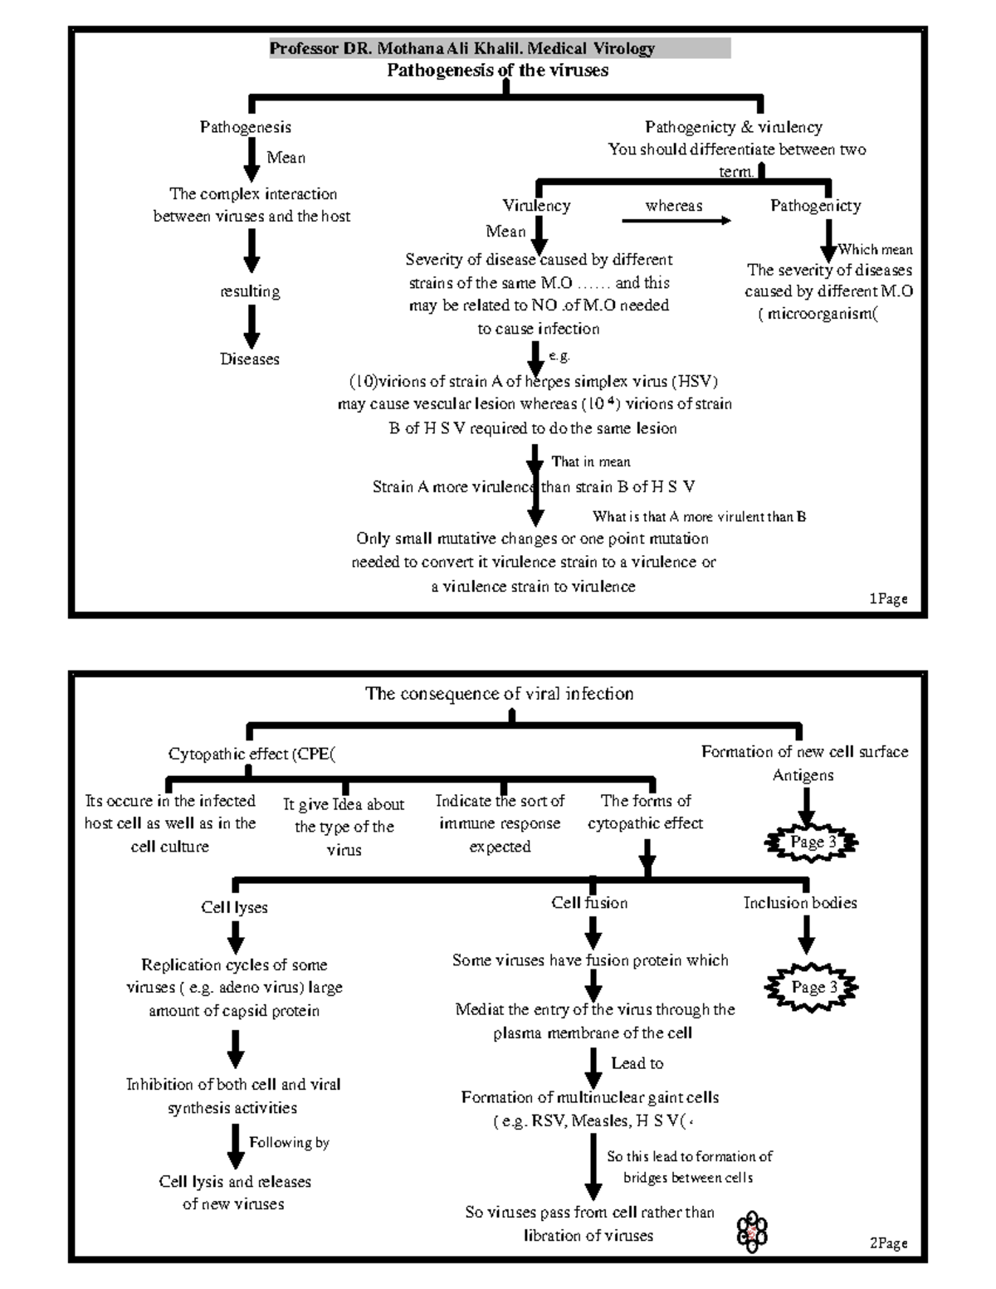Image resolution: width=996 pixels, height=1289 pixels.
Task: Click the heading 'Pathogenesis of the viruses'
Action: click(497, 71)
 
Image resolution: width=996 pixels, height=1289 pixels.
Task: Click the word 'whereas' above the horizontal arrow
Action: click(673, 206)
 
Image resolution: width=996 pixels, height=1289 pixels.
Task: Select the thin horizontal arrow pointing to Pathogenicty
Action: click(676, 221)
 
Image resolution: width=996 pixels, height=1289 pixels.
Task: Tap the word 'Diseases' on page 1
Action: click(249, 359)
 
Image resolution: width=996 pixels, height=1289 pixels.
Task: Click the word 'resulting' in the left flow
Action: click(250, 291)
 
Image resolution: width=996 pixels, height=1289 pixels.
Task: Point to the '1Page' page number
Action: click(887, 598)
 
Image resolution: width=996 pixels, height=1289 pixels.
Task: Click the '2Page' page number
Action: click(887, 1243)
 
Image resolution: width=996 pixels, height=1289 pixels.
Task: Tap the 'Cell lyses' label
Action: click(234, 907)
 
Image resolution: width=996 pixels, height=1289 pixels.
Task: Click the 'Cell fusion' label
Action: click(589, 903)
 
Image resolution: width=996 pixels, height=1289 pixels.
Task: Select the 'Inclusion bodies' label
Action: click(799, 903)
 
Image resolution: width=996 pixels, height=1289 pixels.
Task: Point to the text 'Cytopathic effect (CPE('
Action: click(251, 754)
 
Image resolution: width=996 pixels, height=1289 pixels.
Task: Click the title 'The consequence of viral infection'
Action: click(499, 694)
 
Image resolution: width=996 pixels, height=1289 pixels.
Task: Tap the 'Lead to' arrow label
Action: click(637, 1063)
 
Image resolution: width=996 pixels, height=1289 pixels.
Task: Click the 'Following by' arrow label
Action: click(289, 1143)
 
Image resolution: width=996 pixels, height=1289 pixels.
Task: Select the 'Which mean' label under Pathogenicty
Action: click(875, 249)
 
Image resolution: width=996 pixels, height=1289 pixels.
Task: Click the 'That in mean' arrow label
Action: click(590, 461)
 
